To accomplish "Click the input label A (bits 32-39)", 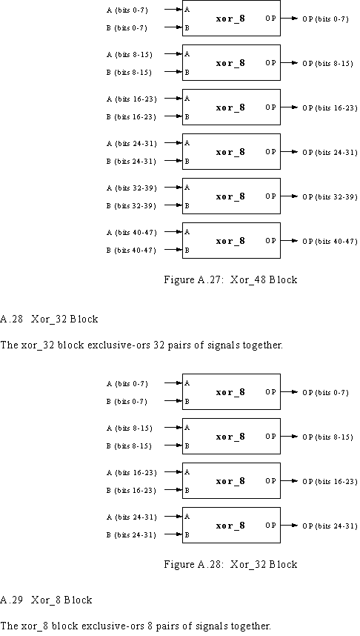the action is [131, 188].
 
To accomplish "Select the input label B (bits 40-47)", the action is [131, 251].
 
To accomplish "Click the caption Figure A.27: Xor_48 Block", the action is [230, 279].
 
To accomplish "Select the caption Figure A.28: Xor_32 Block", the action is [230, 564].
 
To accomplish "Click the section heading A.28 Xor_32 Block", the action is [49, 319].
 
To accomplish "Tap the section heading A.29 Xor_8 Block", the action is [46, 600].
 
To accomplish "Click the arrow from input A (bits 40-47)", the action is [173, 232].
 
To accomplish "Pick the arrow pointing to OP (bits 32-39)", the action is [290, 196].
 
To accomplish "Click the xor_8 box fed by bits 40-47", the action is [231, 240].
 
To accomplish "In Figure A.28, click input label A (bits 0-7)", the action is [127, 384].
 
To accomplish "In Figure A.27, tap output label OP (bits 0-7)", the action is [325, 19].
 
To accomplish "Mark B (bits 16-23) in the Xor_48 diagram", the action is [131, 117].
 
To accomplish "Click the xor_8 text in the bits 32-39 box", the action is [230, 196].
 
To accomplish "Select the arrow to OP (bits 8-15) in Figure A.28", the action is [290, 436].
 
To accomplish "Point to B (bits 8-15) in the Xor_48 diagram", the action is [130, 72].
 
